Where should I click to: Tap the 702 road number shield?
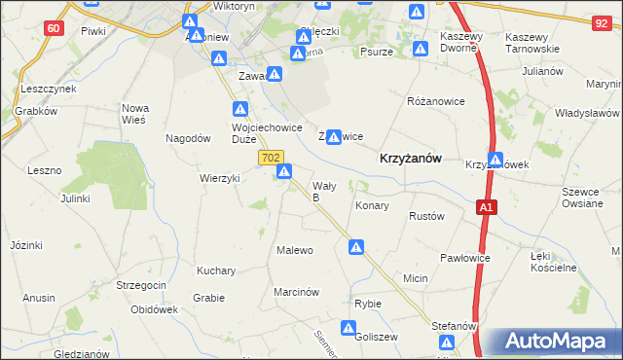coord(272,157)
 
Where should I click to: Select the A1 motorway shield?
coord(487,206)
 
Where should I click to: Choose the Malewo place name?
coord(296,250)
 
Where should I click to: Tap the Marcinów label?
coord(297,291)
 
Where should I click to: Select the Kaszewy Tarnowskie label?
coord(532,42)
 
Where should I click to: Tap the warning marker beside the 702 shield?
coord(284,172)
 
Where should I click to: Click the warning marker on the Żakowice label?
coord(334,137)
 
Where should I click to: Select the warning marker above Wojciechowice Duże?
coord(240,110)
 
